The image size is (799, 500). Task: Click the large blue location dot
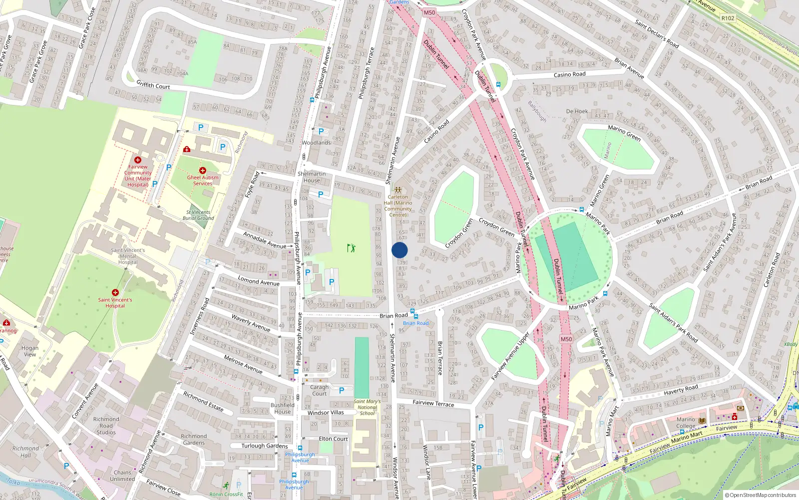coord(399,250)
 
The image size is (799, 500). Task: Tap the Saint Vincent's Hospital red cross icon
coord(115,292)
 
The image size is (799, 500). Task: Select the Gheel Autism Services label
coord(203,180)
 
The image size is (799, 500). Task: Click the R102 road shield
coord(728,18)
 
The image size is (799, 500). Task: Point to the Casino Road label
coord(569,74)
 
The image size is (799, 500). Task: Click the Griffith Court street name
coord(153,85)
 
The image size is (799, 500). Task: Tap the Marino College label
coord(686,423)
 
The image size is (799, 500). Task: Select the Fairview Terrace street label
coord(433,403)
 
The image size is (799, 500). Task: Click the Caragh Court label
coord(320,390)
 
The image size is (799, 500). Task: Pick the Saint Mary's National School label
coord(367,407)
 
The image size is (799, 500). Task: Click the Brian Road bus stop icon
coord(412,311)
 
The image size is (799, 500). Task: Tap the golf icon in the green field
coord(351,247)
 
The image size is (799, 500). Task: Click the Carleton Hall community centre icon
coord(398,190)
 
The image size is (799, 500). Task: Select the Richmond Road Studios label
coord(106,425)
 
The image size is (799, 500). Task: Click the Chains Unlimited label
coord(122,475)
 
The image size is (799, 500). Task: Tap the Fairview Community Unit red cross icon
coord(138,160)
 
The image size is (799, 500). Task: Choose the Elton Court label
coord(333,439)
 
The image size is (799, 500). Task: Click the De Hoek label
coord(577,111)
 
